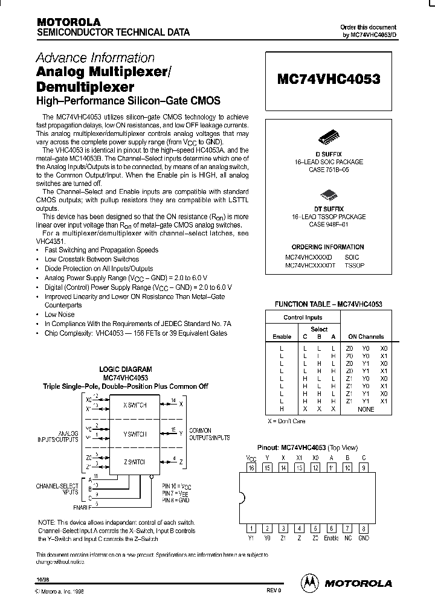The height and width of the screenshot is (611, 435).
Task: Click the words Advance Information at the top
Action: (x=95, y=58)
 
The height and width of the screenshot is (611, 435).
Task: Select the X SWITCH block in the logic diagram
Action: (x=134, y=405)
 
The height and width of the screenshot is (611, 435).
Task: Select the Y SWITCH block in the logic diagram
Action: (x=134, y=433)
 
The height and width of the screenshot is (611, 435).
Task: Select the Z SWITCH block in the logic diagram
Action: (x=134, y=461)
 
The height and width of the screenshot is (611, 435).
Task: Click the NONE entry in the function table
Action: (x=366, y=409)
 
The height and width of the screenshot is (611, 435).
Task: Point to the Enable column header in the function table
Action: (x=282, y=336)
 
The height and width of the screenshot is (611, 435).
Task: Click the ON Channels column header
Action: (x=366, y=336)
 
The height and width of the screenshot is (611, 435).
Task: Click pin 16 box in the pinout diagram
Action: (x=251, y=467)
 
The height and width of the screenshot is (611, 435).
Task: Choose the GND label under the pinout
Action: (x=363, y=537)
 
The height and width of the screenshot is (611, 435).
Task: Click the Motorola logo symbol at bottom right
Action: (x=309, y=583)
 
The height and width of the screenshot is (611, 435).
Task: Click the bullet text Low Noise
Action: (x=60, y=315)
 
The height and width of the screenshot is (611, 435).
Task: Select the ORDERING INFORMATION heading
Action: (x=327, y=247)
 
